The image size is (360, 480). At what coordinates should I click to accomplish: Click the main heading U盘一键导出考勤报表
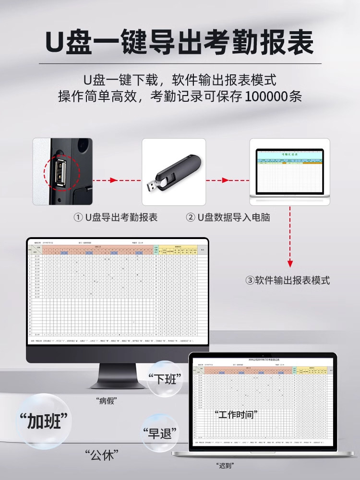click(180, 42)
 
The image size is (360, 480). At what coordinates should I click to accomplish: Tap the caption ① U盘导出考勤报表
click(115, 217)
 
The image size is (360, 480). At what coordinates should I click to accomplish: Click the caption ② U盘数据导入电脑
click(228, 217)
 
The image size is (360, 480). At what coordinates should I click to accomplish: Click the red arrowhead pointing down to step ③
click(290, 264)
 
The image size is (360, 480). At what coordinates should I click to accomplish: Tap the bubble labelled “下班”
click(165, 379)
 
